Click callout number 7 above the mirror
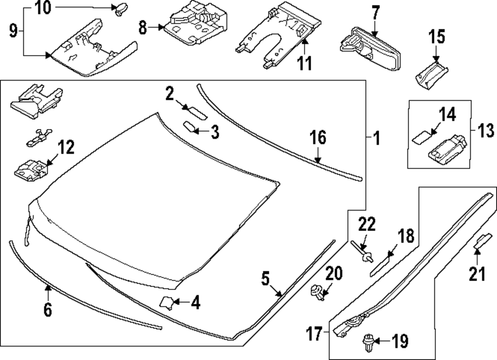coord(375,11)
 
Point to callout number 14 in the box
coord(447,115)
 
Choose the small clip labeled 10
coord(120,9)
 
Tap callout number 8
coord(143,28)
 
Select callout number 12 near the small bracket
coord(66,147)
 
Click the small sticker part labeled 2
coord(195,111)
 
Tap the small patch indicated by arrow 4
coord(167,301)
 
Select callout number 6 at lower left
coord(47,309)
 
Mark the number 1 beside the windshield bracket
coord(376,138)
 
